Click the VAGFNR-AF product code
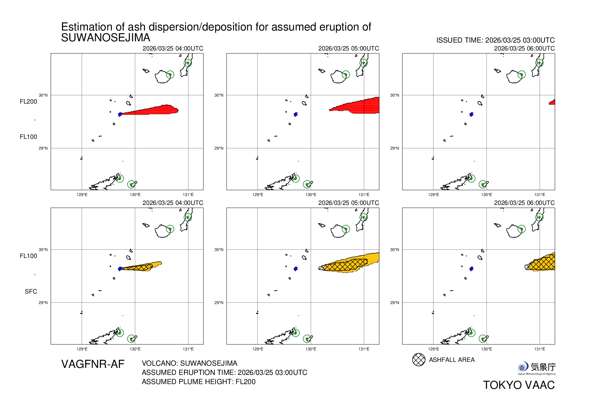point(93,364)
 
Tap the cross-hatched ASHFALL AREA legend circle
point(419,360)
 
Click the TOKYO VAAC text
point(519,385)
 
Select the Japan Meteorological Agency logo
point(536,368)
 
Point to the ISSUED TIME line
point(495,40)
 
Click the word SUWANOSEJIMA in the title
point(106,38)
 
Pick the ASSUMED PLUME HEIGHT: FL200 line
point(198,382)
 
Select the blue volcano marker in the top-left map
point(120,114)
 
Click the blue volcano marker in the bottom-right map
point(471,269)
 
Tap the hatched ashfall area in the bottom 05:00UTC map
point(345,265)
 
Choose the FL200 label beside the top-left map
point(28,102)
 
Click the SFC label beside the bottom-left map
point(31,292)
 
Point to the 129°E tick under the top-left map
point(82,195)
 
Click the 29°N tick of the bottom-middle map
point(219,303)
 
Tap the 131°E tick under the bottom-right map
point(539,349)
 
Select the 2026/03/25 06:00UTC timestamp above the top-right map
point(524,49)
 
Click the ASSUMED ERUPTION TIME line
point(224,373)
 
